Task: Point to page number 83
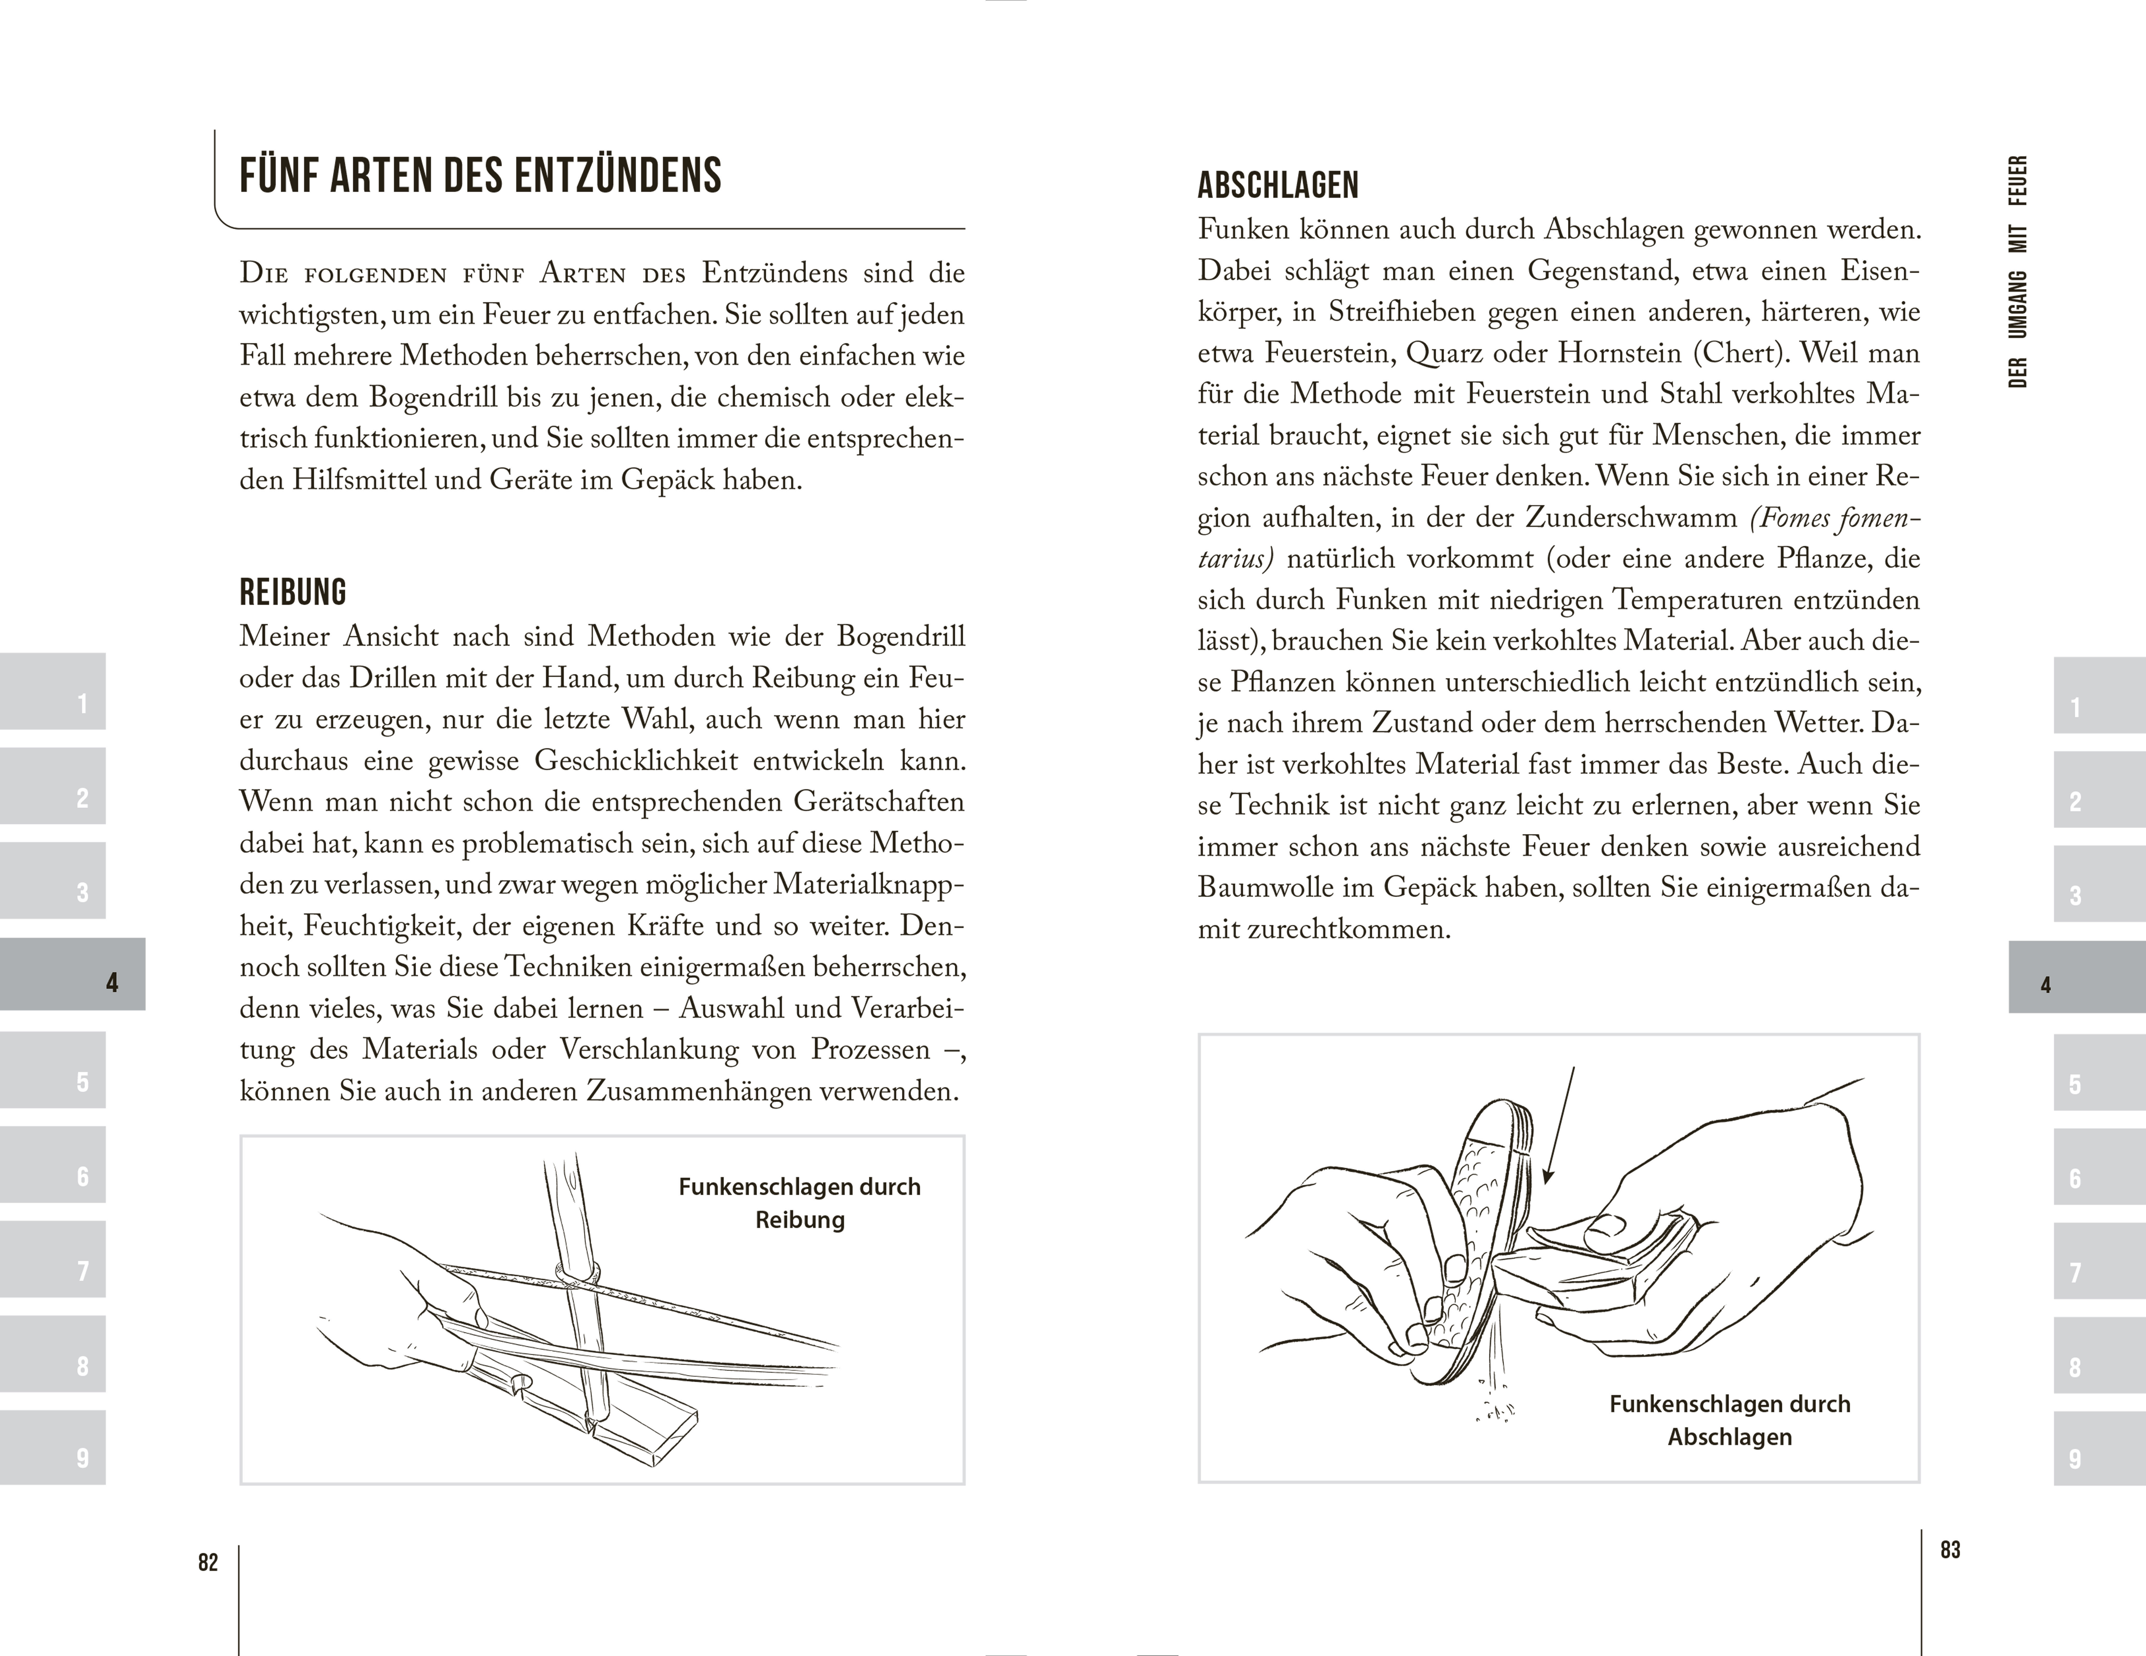1951,1550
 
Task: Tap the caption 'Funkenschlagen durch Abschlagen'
1729,1420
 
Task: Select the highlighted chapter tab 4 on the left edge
73,974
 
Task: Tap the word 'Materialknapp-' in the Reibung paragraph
869,884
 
